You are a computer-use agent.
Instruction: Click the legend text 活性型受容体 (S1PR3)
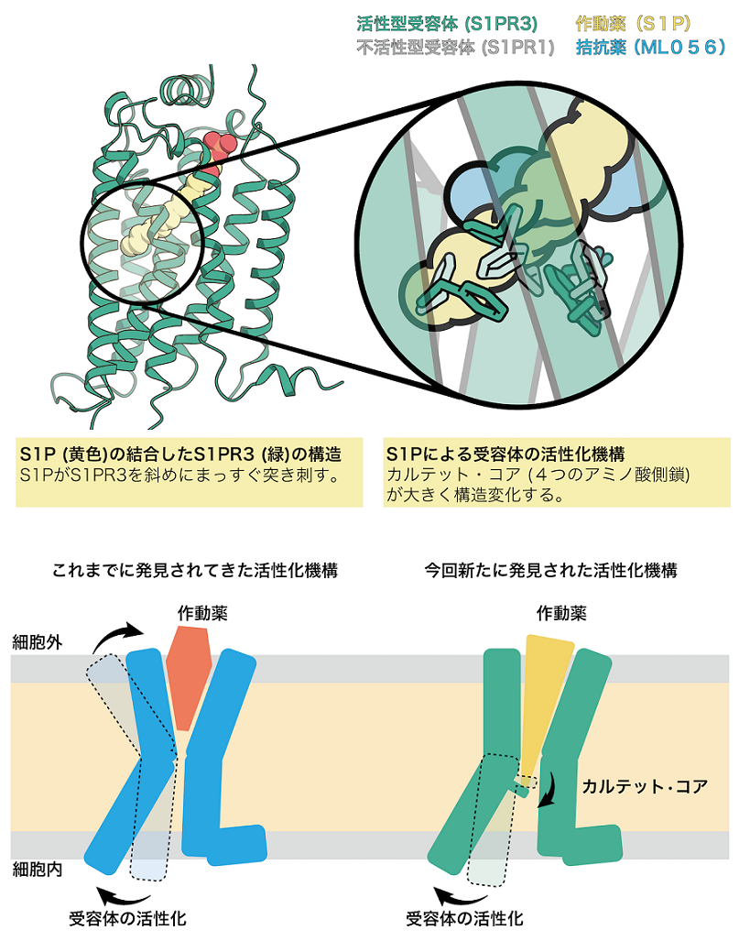[447, 24]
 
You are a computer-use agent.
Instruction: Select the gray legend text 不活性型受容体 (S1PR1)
[455, 47]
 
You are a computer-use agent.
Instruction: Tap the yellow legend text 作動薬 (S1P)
[634, 24]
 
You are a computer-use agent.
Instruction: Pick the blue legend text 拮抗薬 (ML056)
[650, 47]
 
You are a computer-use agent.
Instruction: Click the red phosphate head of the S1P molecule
[218, 147]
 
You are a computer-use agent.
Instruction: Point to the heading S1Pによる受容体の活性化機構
[505, 454]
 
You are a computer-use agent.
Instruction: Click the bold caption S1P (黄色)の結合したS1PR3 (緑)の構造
[180, 454]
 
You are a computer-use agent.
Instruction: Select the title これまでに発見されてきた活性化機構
[195, 570]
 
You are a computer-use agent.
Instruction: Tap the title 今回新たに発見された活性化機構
[550, 570]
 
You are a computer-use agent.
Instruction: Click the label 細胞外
[38, 642]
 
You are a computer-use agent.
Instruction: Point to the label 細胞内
[38, 869]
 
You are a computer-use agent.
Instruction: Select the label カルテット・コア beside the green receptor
[645, 786]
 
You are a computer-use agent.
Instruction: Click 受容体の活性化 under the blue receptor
[128, 918]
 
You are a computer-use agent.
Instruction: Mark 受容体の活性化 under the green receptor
[465, 918]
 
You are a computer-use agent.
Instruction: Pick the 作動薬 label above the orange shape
[202, 613]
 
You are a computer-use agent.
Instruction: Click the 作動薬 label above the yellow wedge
[561, 613]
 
